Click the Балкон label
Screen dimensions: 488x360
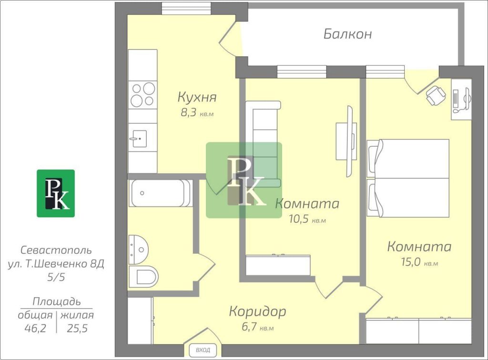point(347,34)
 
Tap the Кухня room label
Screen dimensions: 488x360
point(197,97)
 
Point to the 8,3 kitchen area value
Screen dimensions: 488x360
point(189,112)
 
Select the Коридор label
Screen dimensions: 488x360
point(257,311)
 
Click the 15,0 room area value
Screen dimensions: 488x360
point(410,262)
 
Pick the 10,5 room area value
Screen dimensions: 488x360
point(298,219)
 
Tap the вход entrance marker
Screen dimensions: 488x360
point(203,350)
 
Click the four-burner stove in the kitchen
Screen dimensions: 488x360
point(143,94)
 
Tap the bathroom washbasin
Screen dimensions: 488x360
point(139,250)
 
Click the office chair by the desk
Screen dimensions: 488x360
point(436,95)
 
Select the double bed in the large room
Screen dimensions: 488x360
point(408,178)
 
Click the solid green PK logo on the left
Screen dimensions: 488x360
point(56,193)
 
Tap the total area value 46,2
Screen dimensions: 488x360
point(35,328)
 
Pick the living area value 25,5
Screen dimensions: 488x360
point(77,328)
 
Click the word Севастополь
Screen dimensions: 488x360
point(56,250)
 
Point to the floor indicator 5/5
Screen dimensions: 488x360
point(56,277)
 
